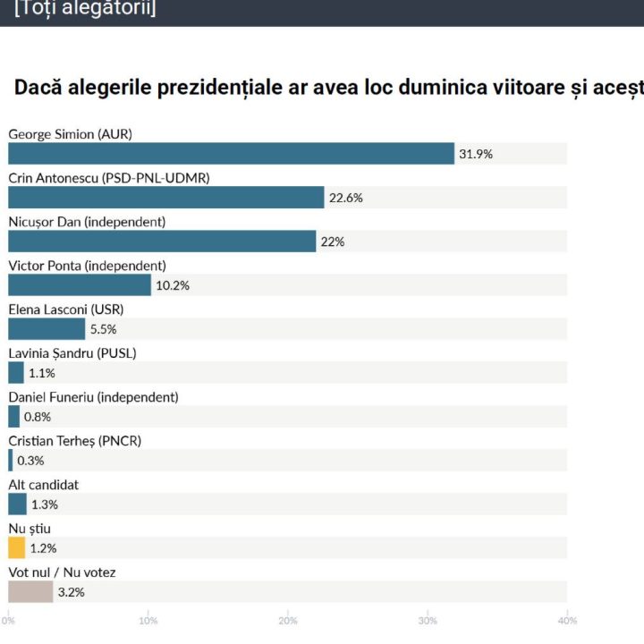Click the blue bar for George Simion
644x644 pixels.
(x=231, y=154)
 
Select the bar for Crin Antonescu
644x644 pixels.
(x=165, y=198)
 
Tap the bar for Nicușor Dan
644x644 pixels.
(x=162, y=241)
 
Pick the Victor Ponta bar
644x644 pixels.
(x=80, y=285)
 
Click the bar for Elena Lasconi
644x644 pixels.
(x=47, y=329)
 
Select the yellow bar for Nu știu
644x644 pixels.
(x=17, y=548)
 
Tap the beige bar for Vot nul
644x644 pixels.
(x=30, y=592)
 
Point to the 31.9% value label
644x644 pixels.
(x=476, y=154)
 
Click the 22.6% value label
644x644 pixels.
(x=346, y=198)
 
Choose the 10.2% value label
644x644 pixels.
(x=173, y=285)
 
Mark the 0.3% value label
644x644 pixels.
(x=30, y=461)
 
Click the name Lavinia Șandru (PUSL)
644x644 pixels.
(x=72, y=352)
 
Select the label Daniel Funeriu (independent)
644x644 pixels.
(x=93, y=396)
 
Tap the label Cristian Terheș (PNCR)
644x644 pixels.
(x=75, y=440)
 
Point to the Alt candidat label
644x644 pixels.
(x=44, y=484)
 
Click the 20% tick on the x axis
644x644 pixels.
(x=288, y=621)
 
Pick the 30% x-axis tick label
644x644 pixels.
(x=428, y=621)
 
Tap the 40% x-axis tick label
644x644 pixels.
(x=567, y=621)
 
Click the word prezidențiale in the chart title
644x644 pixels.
(x=243, y=88)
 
